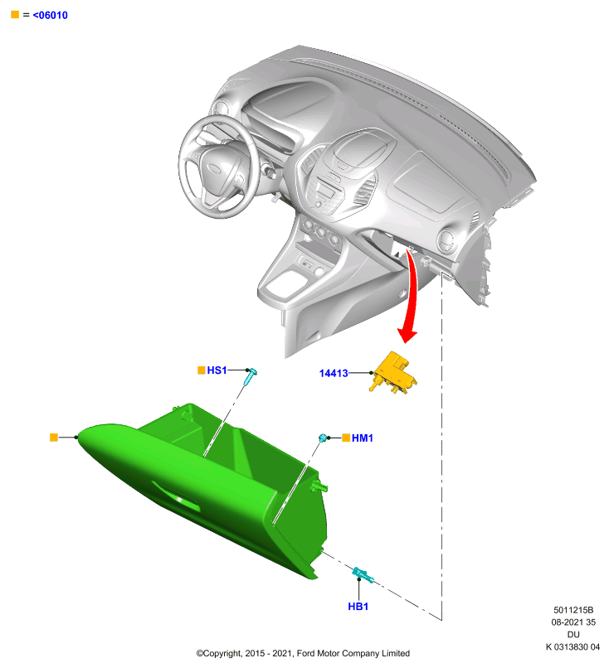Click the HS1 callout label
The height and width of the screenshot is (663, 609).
point(217,370)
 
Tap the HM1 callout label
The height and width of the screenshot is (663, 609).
point(363,438)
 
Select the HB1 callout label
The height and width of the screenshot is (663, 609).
point(358,607)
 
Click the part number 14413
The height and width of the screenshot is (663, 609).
point(334,373)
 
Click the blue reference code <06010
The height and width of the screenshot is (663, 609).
point(50,15)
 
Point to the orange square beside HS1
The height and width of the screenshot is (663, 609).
point(202,370)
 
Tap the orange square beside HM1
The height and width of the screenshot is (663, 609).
point(346,438)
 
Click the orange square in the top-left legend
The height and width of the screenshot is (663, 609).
point(15,15)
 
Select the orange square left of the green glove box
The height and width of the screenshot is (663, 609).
point(54,438)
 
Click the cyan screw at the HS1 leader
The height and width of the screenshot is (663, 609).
point(251,377)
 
